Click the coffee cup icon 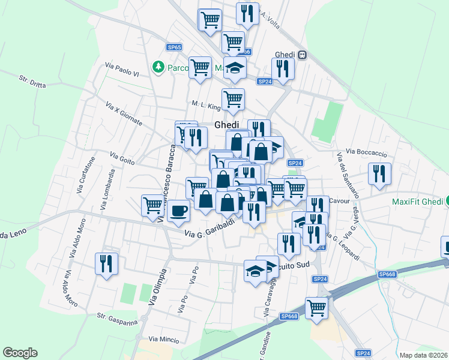click(x=179, y=211)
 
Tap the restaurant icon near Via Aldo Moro click(x=107, y=264)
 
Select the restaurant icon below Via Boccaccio click(x=379, y=174)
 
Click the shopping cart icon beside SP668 click(x=316, y=308)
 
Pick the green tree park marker click(x=158, y=67)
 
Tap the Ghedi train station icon click(x=303, y=55)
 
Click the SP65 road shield click(x=175, y=47)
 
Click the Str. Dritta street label click(x=32, y=82)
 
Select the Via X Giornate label click(x=124, y=113)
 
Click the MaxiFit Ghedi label click(x=417, y=202)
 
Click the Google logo click(x=20, y=353)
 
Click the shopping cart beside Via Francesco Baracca click(x=154, y=206)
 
